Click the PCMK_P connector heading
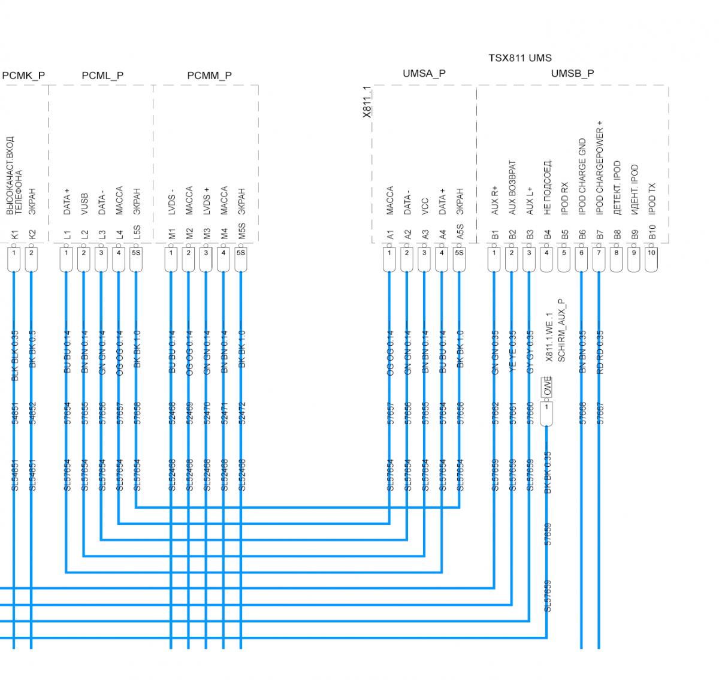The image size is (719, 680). pos(24,75)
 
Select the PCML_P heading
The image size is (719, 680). pos(102,75)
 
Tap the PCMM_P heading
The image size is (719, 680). pos(209,75)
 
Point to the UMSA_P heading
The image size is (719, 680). pos(424,74)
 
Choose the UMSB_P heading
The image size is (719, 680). pos(572,74)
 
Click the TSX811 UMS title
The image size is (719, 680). pos(519,58)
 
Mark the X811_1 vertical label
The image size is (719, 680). pos(367,102)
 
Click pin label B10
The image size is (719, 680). pos(652,232)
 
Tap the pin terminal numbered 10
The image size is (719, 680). pos(651,253)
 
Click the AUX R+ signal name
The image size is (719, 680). pos(495,199)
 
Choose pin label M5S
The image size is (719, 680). pos(241,232)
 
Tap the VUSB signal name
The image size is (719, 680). pos(84,204)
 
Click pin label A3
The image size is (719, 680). pos(425,234)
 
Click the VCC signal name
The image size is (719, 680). pos(425,206)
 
